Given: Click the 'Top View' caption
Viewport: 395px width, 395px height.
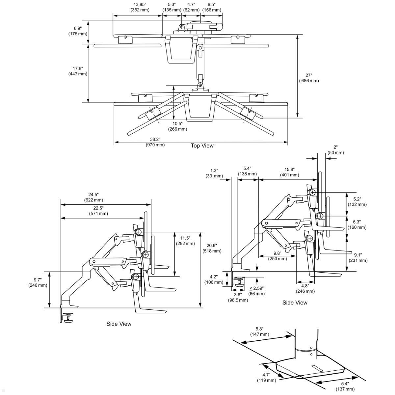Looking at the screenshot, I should tap(202, 145).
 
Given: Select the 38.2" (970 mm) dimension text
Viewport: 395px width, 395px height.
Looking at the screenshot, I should tap(155, 142).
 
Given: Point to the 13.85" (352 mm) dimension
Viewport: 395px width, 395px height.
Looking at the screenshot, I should tap(140, 7).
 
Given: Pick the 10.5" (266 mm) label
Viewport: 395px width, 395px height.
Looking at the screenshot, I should tap(177, 126).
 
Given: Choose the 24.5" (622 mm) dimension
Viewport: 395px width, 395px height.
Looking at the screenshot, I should tap(93, 197).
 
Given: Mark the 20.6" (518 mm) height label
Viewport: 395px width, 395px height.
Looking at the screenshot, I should tap(212, 248).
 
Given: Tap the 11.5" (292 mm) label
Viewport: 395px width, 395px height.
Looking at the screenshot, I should tap(185, 241).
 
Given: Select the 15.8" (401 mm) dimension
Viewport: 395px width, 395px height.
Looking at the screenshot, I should tap(289, 172).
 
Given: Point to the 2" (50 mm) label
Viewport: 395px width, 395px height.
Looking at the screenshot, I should tap(335, 150).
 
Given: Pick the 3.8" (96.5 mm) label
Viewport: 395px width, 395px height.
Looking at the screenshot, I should tap(238, 297).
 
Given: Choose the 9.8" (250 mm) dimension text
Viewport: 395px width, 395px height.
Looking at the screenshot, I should tap(277, 256).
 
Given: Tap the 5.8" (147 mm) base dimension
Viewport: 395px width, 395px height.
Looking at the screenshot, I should tap(259, 331).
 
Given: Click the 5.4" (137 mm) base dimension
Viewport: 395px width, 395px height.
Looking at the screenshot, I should tap(345, 386).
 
